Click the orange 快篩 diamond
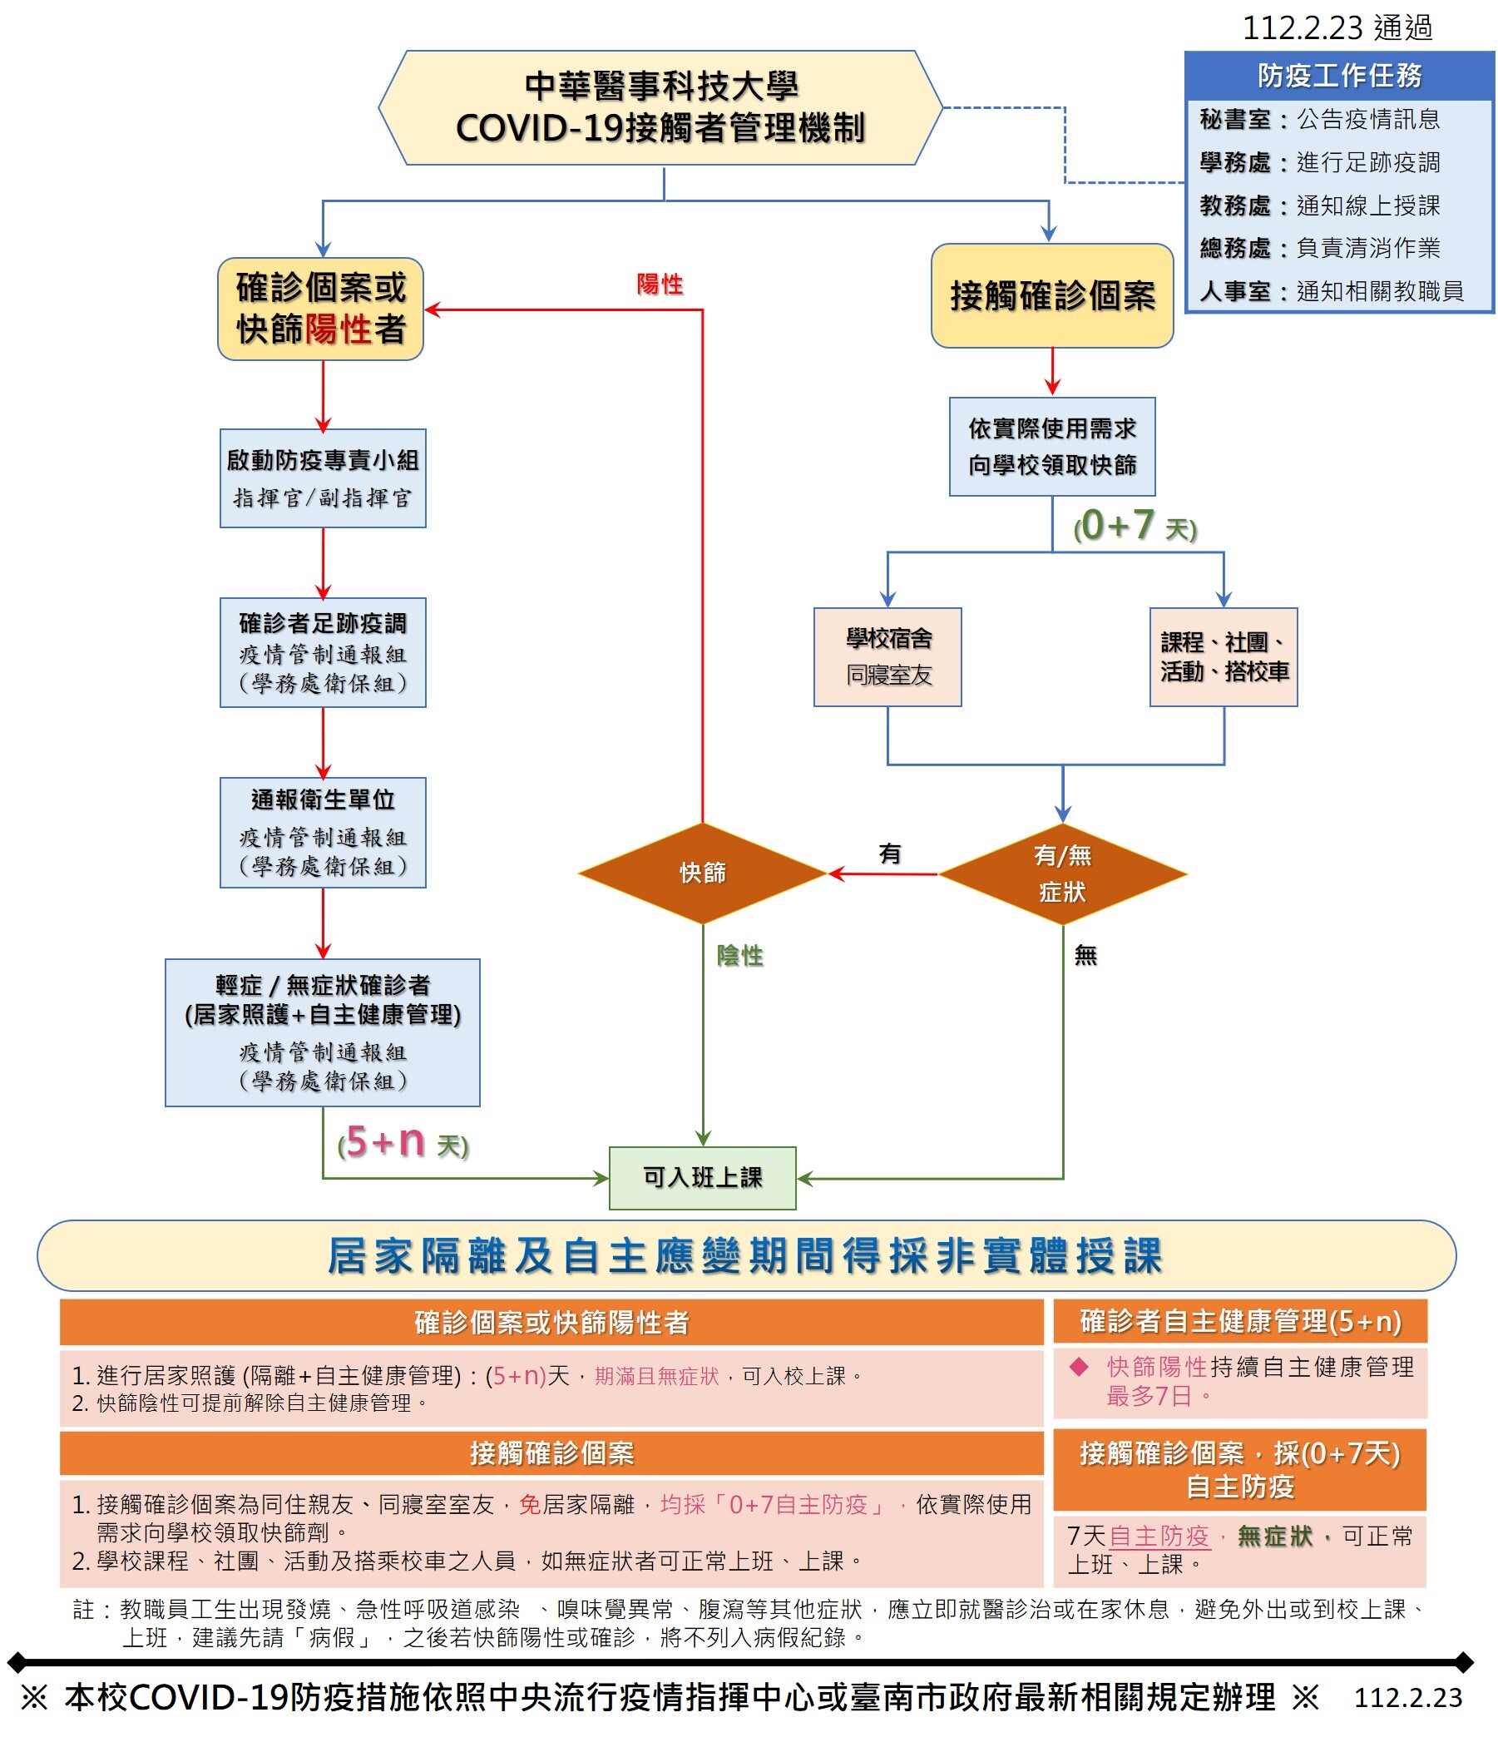tap(703, 873)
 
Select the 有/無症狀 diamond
tap(1063, 873)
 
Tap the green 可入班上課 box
tap(703, 1178)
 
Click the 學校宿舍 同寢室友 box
tap(887, 656)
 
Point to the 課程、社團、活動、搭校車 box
tap(1224, 656)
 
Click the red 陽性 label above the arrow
tap(660, 285)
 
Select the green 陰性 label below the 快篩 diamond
tap(739, 955)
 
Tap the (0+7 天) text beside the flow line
tap(1135, 527)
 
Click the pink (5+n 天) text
tap(403, 1142)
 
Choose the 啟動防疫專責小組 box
tap(323, 478)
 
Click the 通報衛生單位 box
tap(323, 833)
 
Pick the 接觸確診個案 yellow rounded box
tap(1052, 296)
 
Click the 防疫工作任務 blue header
tap(1339, 76)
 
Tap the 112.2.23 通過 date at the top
tap(1337, 27)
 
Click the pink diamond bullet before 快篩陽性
tap(1079, 1368)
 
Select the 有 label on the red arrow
tap(889, 854)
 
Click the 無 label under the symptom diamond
tap(1085, 955)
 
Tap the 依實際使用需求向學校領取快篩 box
tap(1052, 447)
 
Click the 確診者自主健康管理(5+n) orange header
tap(1240, 1321)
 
